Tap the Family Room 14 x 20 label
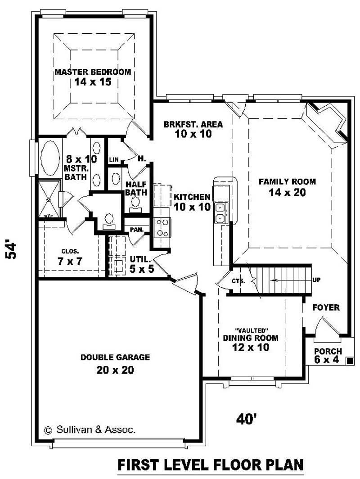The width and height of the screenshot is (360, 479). point(287,187)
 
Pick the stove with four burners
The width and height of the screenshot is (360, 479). point(162,227)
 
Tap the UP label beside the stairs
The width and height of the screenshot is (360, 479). point(316,280)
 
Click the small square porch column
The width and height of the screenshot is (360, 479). point(349,360)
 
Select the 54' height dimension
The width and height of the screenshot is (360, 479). point(12,250)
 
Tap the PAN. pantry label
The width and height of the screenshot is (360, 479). point(136,230)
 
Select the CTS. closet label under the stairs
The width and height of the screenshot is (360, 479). point(238,281)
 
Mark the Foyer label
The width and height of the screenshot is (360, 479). point(326,308)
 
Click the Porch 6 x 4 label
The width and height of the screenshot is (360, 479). point(328,356)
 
